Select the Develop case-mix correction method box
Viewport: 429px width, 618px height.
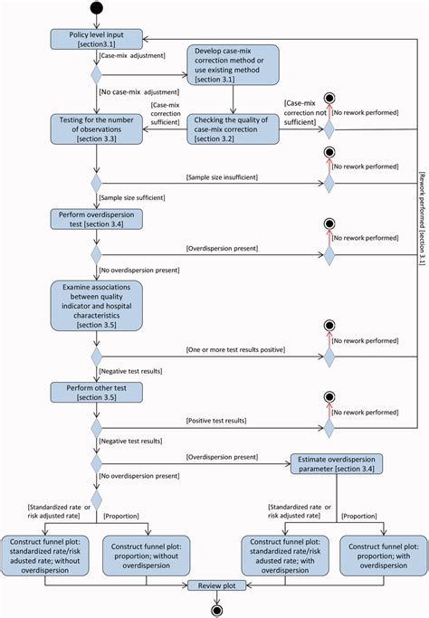tap(233, 66)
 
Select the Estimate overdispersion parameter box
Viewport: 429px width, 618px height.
tap(337, 464)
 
